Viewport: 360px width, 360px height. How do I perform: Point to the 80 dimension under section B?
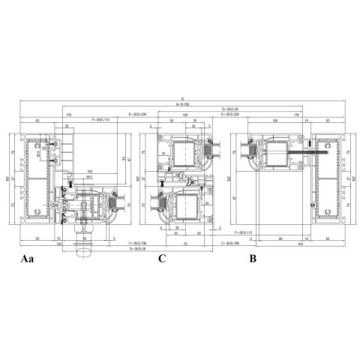point(280,238)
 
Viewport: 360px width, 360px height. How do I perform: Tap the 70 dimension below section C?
point(184,244)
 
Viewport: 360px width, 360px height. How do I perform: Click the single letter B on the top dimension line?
point(181,99)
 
